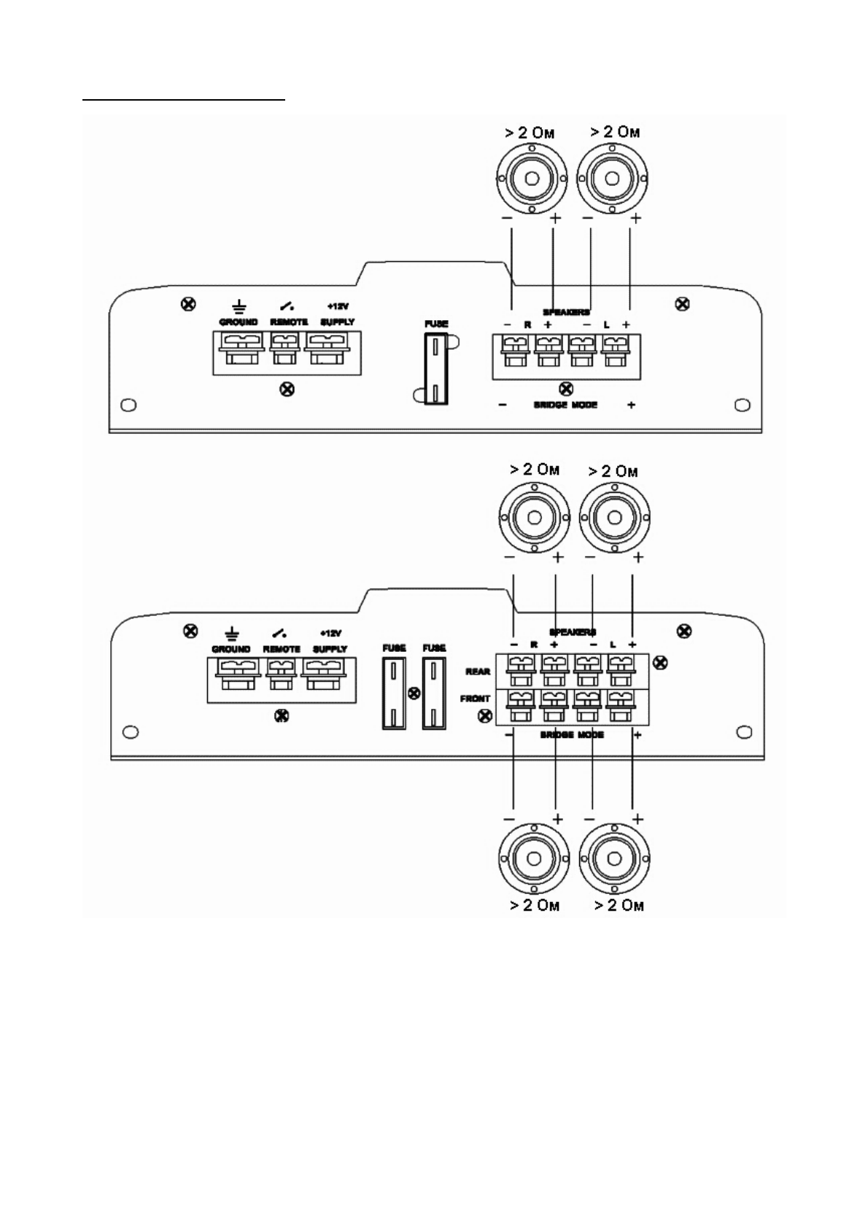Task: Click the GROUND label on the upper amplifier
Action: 239,322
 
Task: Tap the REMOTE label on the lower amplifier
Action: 282,649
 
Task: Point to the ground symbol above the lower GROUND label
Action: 232,633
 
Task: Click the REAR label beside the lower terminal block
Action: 478,672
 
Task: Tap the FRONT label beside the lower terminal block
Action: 475,699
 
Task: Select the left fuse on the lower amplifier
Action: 394,692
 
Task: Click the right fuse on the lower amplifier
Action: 433,692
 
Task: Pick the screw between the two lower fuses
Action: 414,693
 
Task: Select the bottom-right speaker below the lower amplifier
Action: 613,860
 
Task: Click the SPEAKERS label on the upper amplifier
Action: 566,312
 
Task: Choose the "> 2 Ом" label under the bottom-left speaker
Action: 535,906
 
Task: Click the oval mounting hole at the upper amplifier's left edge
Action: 128,405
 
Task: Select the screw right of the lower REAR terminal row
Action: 659,663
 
